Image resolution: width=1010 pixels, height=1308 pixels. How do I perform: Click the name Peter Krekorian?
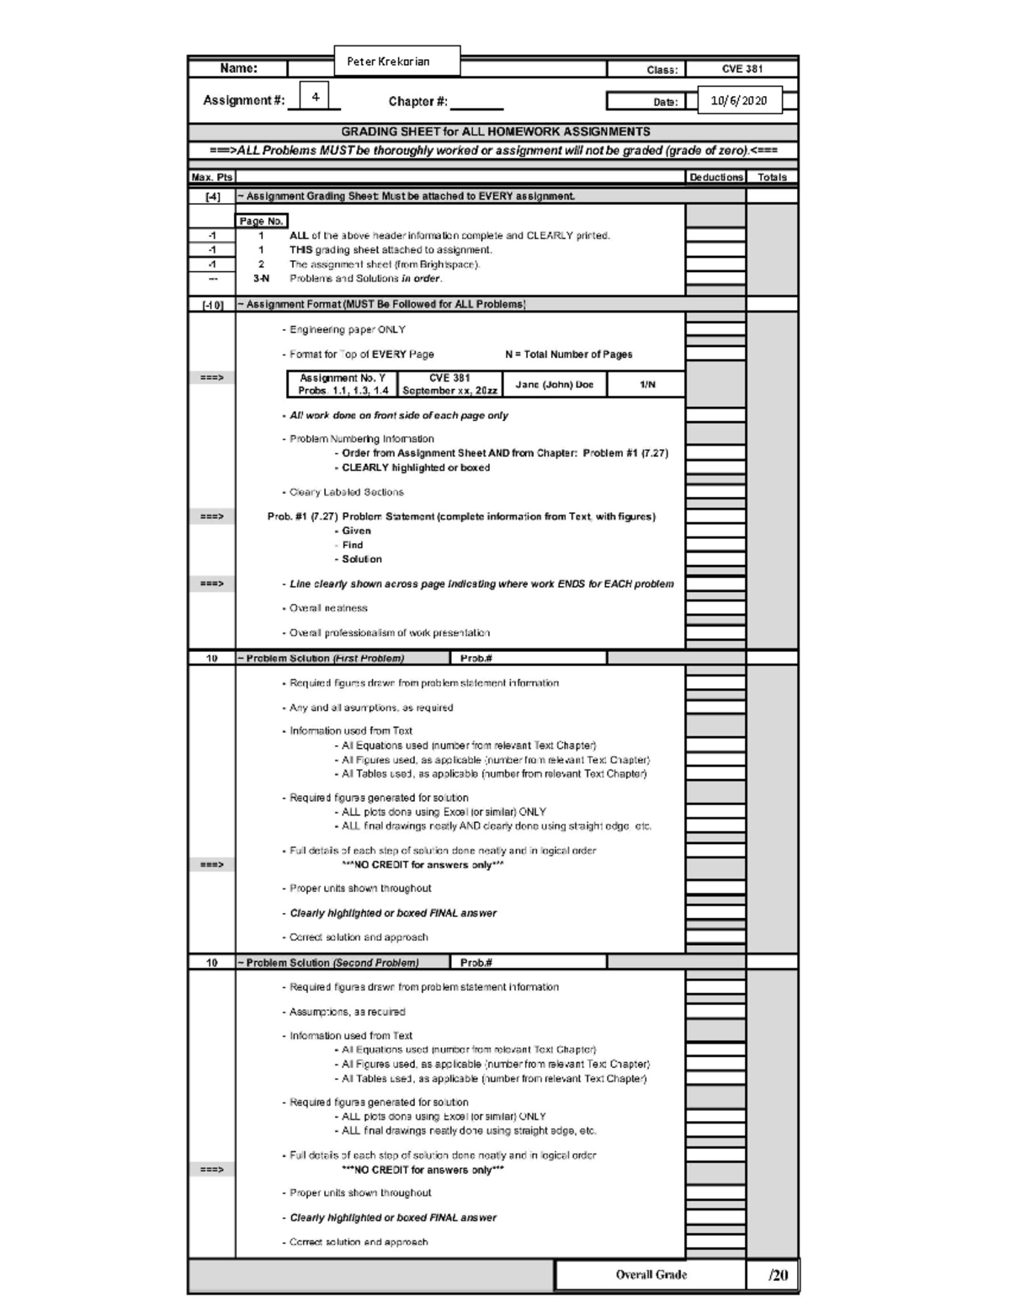point(388,61)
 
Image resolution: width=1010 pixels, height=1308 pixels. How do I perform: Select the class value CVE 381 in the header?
point(742,69)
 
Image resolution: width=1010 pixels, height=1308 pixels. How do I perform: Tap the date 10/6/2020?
point(738,101)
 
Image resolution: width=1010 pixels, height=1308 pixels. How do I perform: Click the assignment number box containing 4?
point(315,97)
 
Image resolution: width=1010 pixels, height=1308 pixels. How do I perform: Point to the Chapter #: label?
point(418,102)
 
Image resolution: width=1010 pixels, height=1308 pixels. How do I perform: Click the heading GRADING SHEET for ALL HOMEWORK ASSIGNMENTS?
point(495,132)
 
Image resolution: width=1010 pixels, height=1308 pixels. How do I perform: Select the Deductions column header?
point(715,178)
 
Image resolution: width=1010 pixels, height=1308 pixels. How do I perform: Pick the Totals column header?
point(772,178)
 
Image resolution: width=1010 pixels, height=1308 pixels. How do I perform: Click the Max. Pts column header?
point(211,178)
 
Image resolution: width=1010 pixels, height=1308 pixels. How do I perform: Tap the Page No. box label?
point(261,222)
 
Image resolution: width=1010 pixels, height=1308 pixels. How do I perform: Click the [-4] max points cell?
point(212,197)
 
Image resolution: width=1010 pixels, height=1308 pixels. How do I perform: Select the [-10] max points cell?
point(212,305)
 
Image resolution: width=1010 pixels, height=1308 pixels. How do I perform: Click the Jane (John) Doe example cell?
point(554,385)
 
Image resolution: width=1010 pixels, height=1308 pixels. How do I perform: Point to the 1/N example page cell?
point(647,385)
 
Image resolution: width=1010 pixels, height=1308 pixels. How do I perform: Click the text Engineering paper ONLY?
point(347,330)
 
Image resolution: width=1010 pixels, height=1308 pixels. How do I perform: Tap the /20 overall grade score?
point(778,1275)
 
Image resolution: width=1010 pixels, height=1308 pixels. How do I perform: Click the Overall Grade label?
point(651,1275)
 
